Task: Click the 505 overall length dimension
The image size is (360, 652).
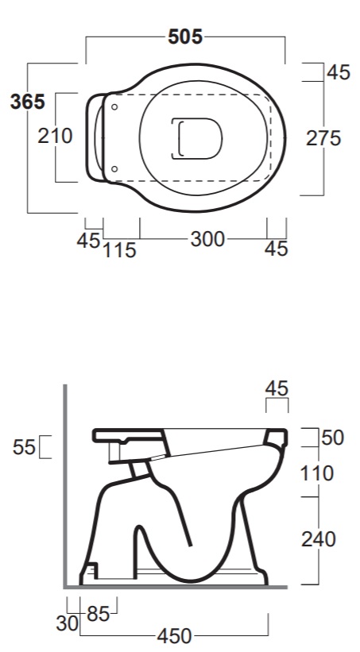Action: coord(185,37)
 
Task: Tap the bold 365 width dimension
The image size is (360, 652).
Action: coord(28,102)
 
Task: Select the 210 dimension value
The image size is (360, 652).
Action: coord(55,136)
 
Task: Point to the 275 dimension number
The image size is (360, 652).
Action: coord(323,138)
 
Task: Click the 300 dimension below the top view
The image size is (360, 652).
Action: coord(207,240)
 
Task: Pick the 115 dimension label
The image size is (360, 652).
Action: coord(119,251)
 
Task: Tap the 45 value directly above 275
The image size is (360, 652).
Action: coord(339,72)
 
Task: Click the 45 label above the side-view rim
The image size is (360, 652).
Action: coord(277,388)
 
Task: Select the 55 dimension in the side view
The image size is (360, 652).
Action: coord(24,447)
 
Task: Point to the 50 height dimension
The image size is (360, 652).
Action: coord(332,438)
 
